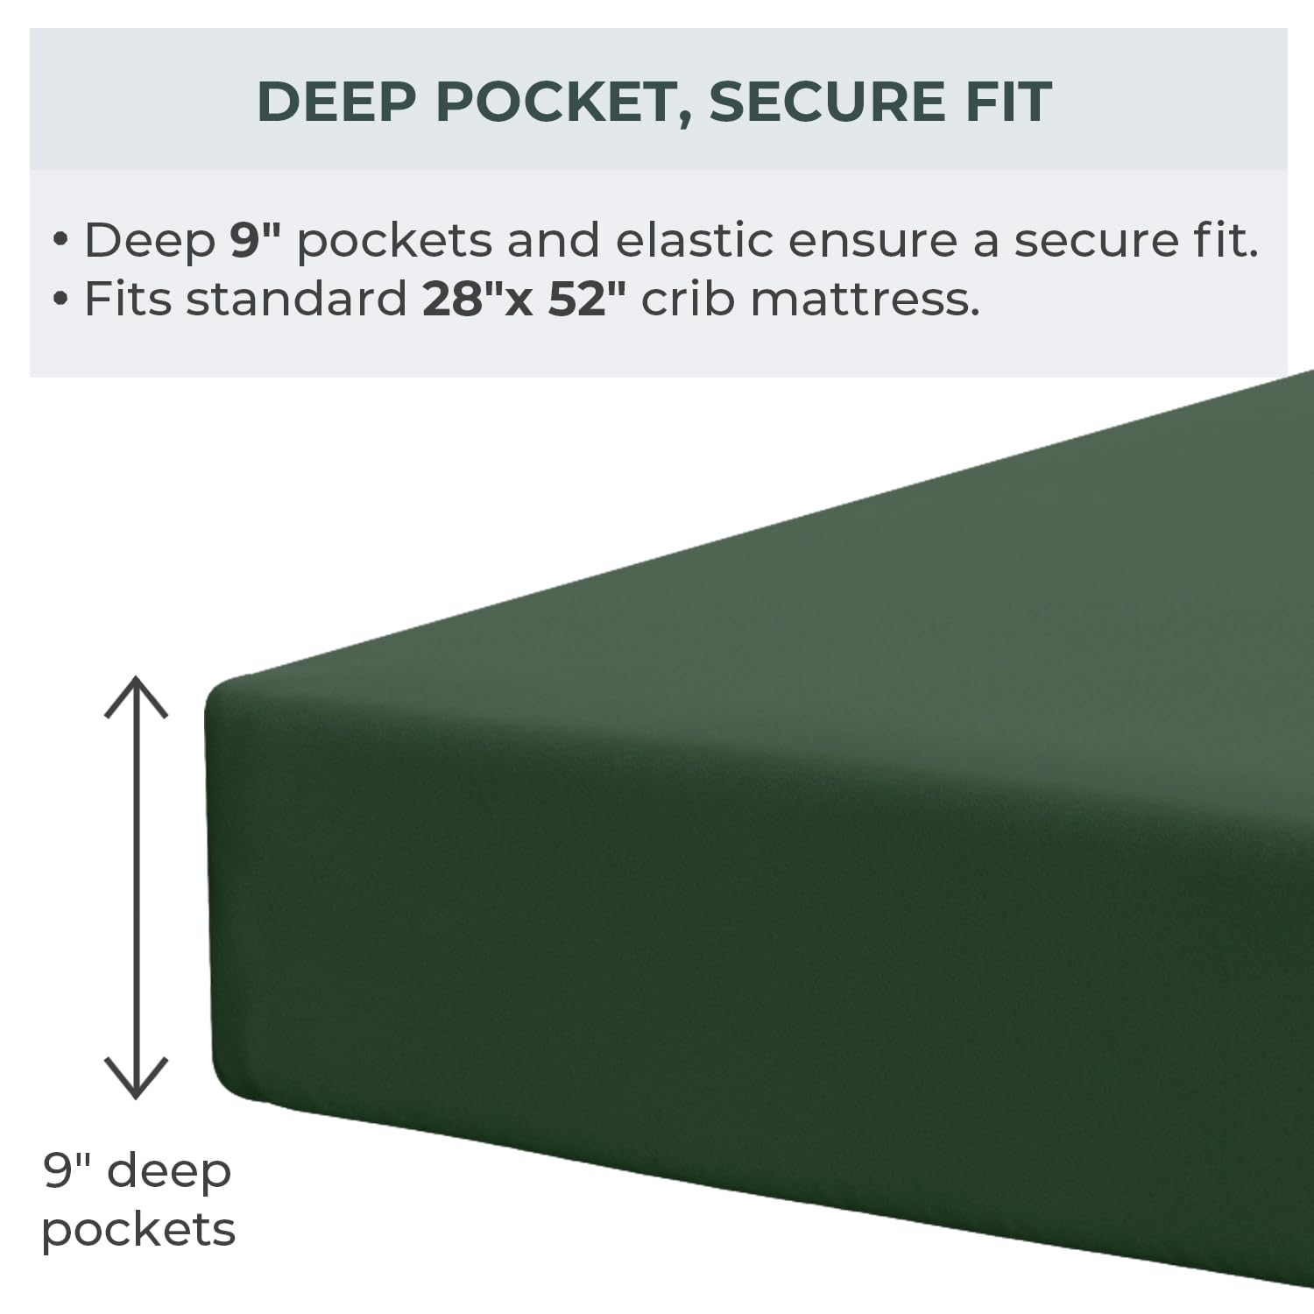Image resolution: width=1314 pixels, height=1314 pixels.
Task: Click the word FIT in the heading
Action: coord(1007,102)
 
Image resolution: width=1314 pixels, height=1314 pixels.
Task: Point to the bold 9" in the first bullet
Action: coord(254,239)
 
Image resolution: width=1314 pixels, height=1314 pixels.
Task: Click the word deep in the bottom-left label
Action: coord(170,1172)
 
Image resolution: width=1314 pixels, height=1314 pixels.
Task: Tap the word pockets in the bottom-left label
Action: coord(138,1231)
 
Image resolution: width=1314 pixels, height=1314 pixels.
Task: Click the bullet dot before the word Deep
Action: coord(60,240)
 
